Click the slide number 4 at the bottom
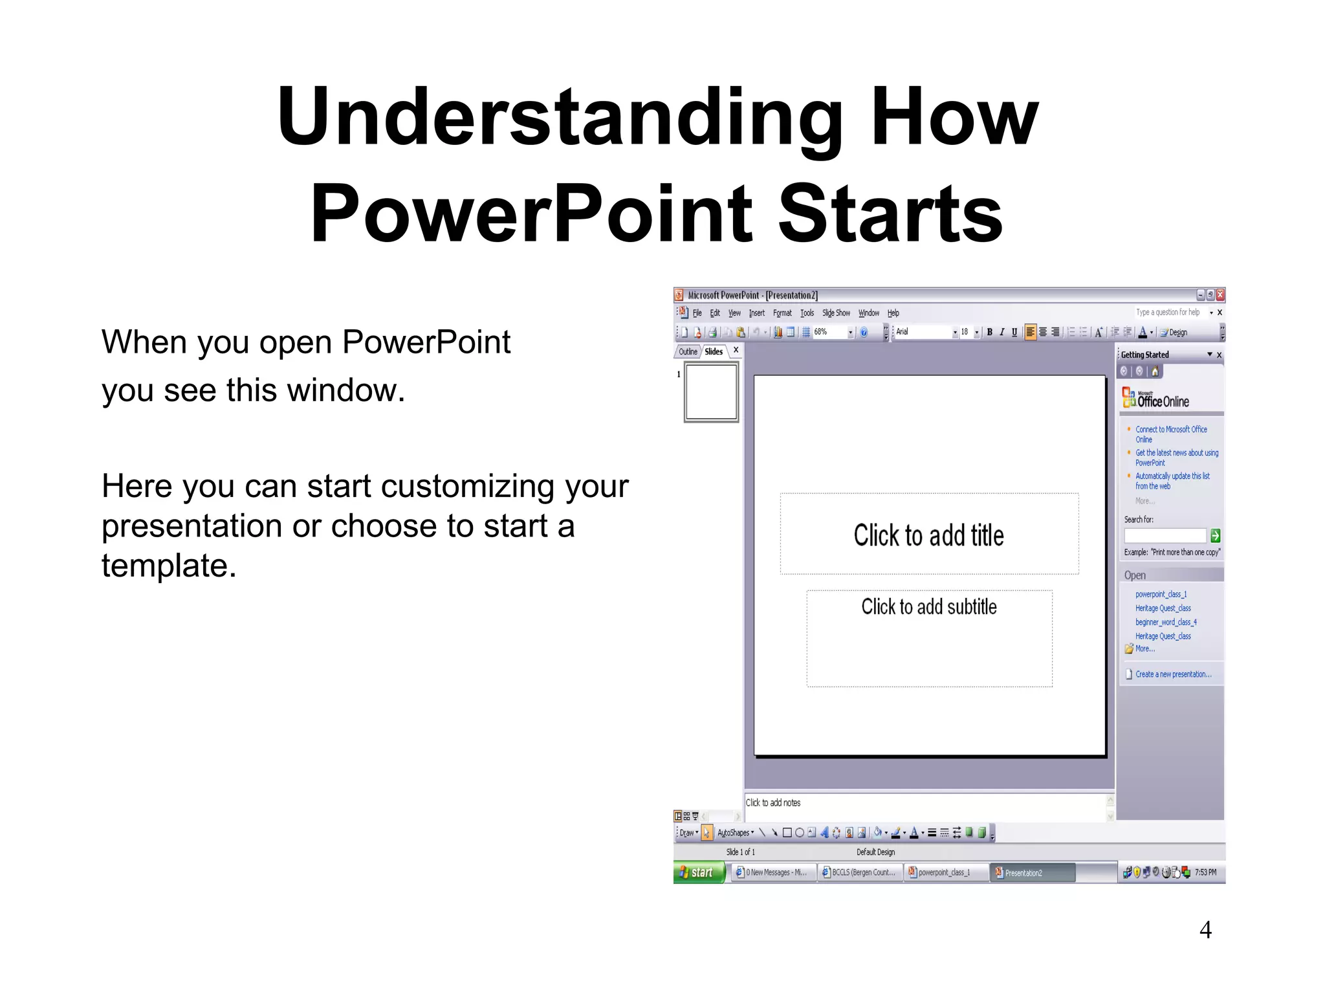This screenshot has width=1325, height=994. point(1205,930)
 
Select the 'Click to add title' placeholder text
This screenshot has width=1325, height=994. point(928,536)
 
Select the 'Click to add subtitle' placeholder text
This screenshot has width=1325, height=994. point(928,607)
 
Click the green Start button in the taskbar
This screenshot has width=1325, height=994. point(699,872)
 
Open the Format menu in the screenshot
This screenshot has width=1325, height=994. point(782,313)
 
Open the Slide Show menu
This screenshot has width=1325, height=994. point(835,313)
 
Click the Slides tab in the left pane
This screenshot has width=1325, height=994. point(714,351)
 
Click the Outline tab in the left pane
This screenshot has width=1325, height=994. point(688,351)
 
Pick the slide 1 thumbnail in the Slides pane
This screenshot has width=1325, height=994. point(711,392)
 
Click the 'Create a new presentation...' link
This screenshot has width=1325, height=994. point(1173,674)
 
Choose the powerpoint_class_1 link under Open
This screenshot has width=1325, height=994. point(1161,594)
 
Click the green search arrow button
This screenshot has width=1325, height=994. point(1215,536)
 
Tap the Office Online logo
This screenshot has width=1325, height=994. point(1156,399)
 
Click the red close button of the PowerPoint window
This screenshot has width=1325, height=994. point(1220,295)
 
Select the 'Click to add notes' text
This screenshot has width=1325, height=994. point(773,802)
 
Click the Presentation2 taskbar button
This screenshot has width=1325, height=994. point(1033,872)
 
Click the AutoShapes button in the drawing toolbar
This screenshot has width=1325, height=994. point(735,833)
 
